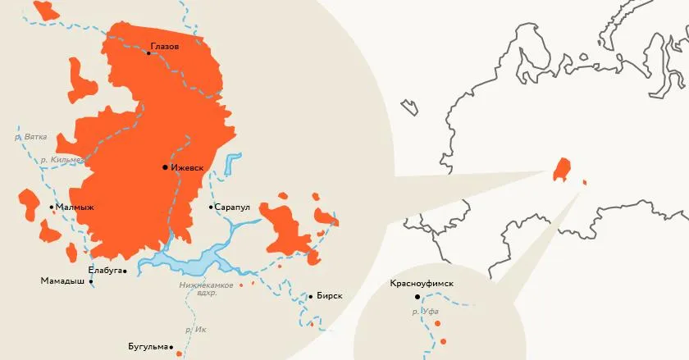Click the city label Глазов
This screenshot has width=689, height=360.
click(x=165, y=46)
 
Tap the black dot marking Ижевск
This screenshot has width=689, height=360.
click(x=165, y=167)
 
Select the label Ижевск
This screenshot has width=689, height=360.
click(x=187, y=167)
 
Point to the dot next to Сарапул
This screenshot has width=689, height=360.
click(x=211, y=207)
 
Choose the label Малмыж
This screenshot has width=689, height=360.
click(x=75, y=207)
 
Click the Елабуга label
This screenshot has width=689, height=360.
click(x=104, y=270)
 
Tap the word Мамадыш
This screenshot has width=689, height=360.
click(x=62, y=281)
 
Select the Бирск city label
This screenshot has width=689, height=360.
click(x=329, y=296)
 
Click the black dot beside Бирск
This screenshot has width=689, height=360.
click(x=310, y=296)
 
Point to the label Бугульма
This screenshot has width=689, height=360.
click(x=148, y=345)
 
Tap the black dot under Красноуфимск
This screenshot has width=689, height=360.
click(x=417, y=296)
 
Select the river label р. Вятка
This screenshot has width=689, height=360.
click(x=31, y=136)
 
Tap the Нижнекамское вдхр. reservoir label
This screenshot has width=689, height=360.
click(x=206, y=289)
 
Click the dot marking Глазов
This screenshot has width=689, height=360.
click(x=148, y=53)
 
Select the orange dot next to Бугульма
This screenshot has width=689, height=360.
click(x=178, y=353)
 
